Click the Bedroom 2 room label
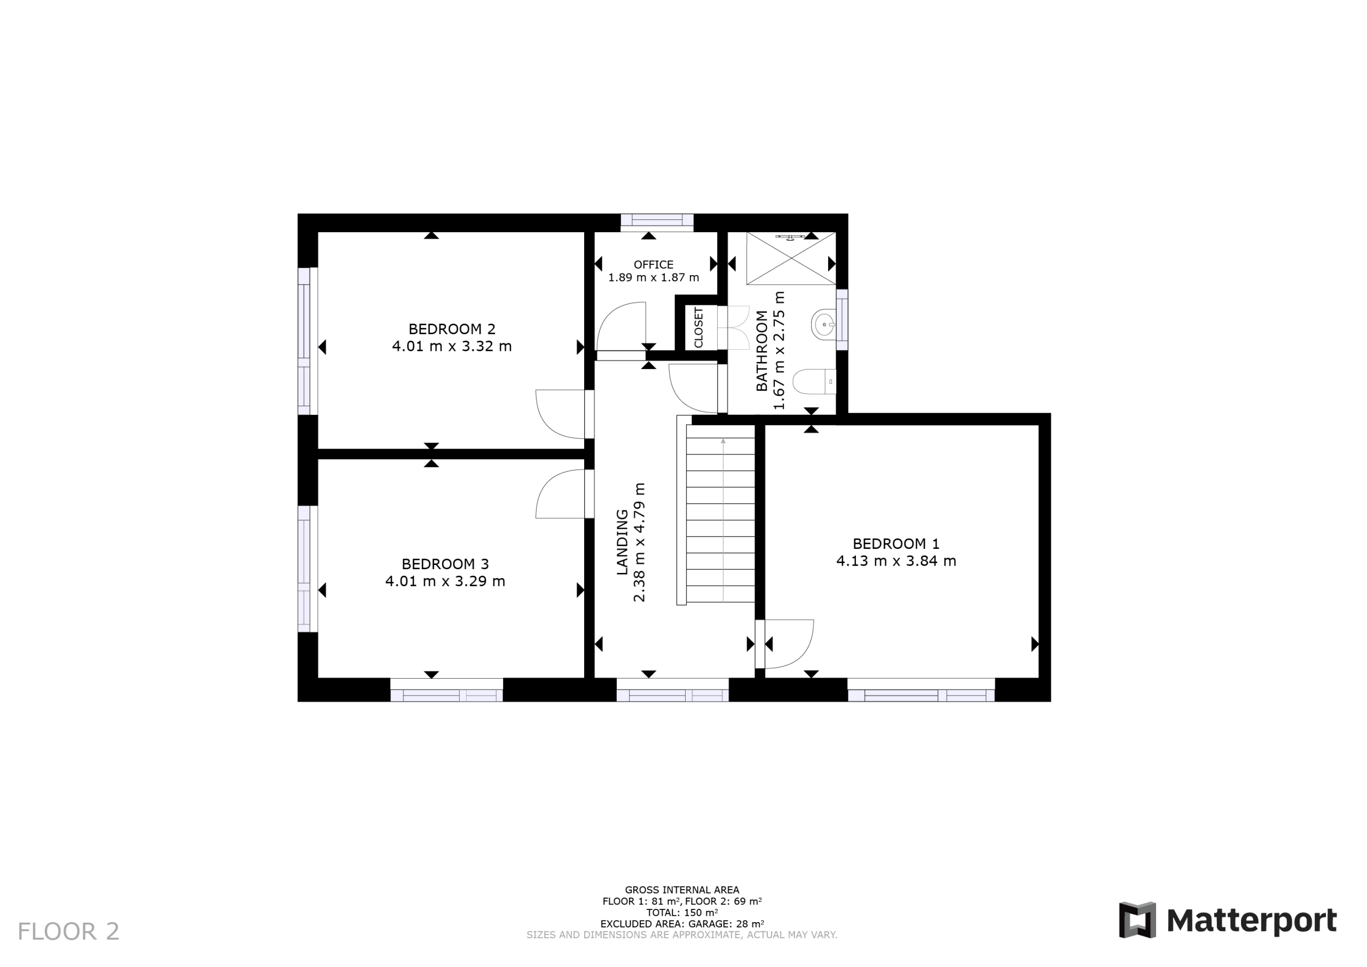tap(451, 329)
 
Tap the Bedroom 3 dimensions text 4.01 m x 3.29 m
tap(445, 581)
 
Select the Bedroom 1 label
tap(896, 544)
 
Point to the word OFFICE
tap(654, 264)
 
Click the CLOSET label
tap(698, 327)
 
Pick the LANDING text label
tap(622, 542)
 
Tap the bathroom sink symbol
tap(823, 325)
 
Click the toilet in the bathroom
tap(814, 382)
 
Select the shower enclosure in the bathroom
tap(791, 258)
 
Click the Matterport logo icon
tap(1137, 920)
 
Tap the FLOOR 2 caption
tap(68, 932)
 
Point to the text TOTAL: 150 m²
tap(682, 912)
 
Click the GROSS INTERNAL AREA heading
tap(682, 890)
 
